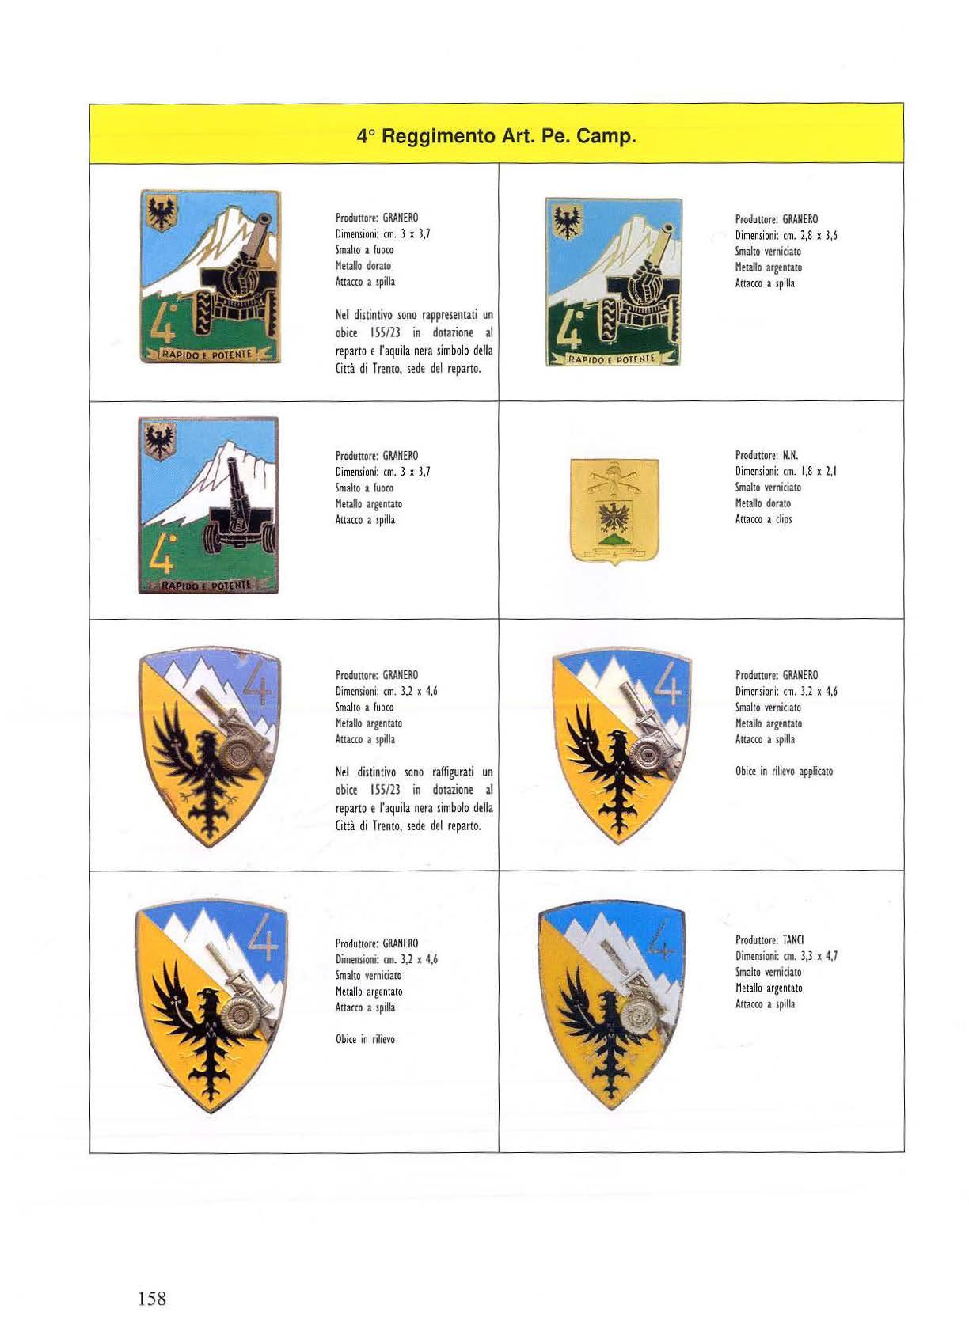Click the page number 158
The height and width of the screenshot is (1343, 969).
[x=152, y=1298]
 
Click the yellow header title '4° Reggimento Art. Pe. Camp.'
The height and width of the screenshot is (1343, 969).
[x=496, y=136]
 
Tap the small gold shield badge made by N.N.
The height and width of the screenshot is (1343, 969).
[x=614, y=511]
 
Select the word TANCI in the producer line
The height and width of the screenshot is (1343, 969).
[x=793, y=940]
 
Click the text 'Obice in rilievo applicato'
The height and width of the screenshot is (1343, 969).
[x=784, y=771]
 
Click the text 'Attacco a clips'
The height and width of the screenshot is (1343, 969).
[x=763, y=519]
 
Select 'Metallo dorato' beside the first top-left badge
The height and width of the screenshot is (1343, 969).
[x=363, y=266]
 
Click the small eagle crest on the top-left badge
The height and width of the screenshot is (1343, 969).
[x=161, y=211]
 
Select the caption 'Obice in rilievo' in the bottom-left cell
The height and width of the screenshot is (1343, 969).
[x=365, y=1039]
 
